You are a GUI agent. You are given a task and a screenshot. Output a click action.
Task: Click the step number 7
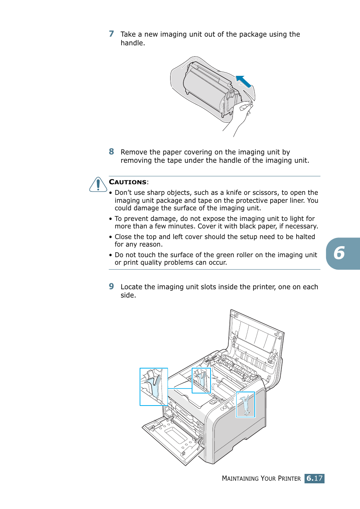[x=111, y=34]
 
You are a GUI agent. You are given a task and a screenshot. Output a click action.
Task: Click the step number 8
[x=111, y=152]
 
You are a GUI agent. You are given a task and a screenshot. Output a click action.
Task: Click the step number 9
[x=111, y=287]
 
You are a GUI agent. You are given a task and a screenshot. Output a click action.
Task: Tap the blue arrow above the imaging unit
[x=243, y=82]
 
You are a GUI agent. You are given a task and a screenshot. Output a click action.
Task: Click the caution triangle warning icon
[x=98, y=185]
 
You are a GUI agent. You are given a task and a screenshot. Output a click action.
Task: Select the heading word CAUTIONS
[x=128, y=182]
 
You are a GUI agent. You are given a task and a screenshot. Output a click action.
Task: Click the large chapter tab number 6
[x=339, y=253]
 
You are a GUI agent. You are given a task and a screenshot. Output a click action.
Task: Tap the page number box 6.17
[x=314, y=478]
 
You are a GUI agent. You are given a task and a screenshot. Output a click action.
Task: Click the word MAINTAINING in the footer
[x=240, y=478]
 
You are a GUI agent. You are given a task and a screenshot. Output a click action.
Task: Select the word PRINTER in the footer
[x=289, y=478]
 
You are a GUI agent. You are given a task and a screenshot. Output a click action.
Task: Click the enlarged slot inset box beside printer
[x=154, y=387]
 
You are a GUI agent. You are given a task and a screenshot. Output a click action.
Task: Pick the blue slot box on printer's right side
[x=246, y=404]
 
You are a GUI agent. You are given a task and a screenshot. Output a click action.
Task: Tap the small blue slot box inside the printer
[x=201, y=381]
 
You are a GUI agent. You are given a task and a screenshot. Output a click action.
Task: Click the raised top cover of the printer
[x=257, y=340]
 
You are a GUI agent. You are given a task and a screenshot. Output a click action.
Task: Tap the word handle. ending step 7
[x=133, y=43]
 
